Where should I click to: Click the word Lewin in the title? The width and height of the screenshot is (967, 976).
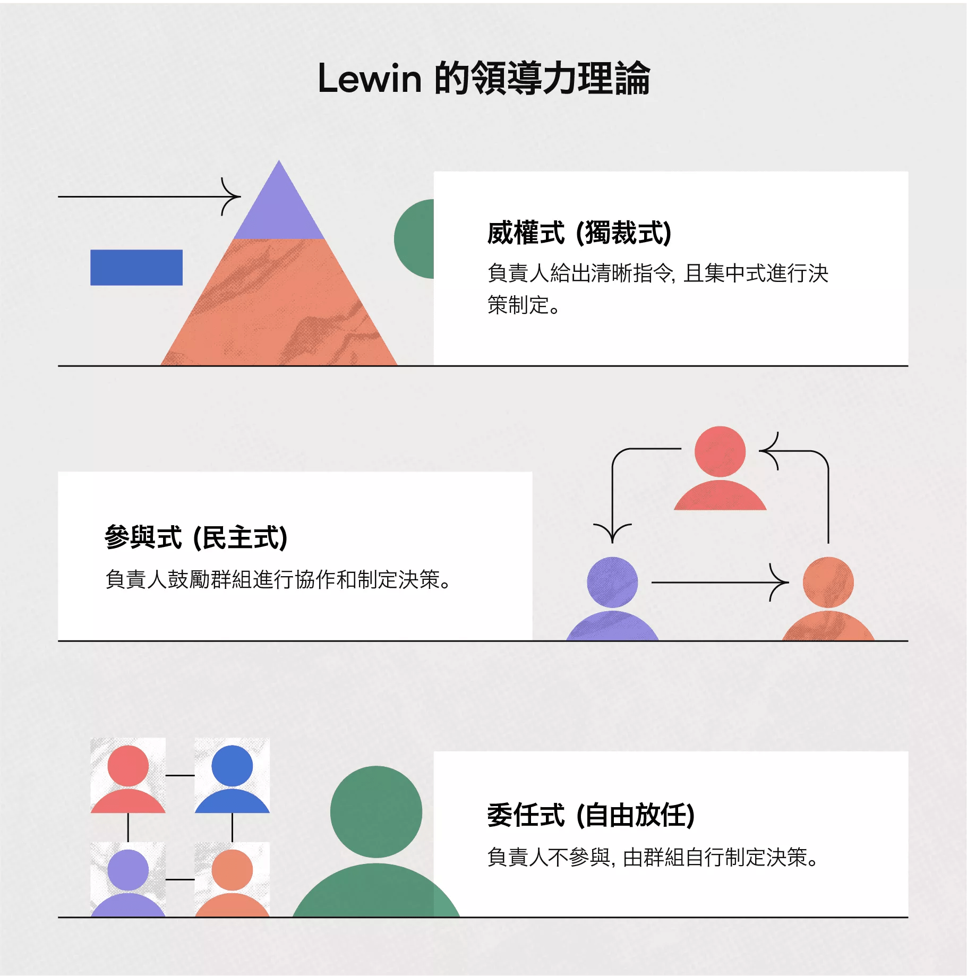pos(370,79)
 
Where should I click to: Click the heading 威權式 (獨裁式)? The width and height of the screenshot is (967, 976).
pos(579,233)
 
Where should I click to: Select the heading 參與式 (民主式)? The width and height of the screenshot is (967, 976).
pos(196,537)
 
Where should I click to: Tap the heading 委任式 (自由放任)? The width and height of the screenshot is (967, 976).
pos(591,815)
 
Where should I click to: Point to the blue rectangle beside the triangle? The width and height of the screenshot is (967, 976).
pos(136,268)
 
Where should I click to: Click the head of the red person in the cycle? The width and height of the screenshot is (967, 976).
pos(720,451)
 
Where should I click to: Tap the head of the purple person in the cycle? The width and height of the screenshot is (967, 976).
pos(612,582)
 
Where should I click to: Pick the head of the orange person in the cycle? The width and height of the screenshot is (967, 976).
pos(828,582)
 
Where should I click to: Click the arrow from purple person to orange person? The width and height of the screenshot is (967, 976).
pos(717,583)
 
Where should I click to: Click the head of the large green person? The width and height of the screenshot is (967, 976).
pos(376,811)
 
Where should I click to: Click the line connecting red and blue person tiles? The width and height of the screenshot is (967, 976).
pos(180,775)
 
